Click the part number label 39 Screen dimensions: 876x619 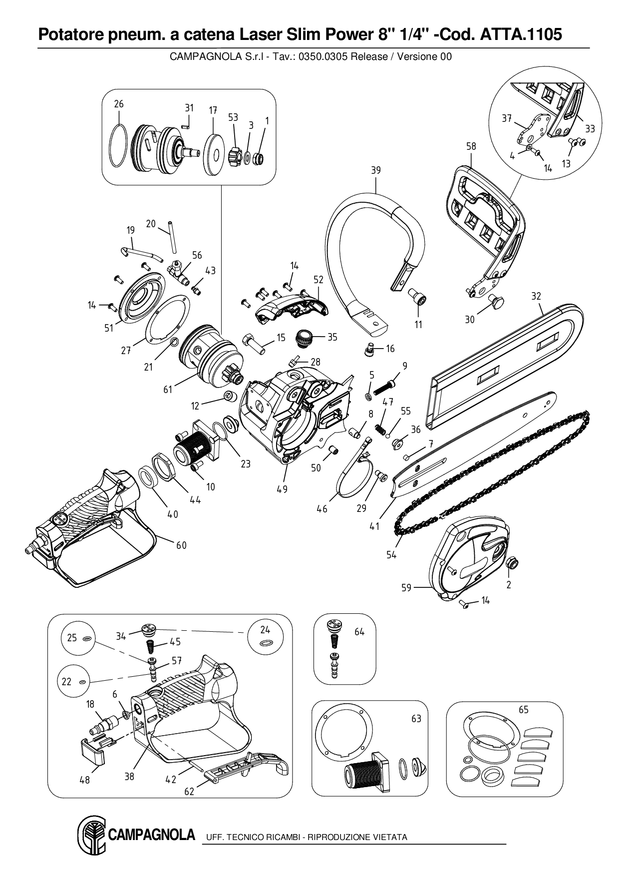coord(375,170)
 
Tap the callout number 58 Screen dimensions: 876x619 coord(471,146)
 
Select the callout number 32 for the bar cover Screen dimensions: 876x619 coord(536,296)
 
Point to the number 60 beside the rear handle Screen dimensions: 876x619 coord(181,545)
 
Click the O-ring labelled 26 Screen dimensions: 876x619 coord(118,146)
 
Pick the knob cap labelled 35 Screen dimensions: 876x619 coord(305,338)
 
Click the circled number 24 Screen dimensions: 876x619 coord(265,630)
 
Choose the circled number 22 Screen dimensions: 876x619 coord(67,681)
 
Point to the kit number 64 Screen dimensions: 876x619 coord(359,632)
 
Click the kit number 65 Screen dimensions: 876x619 coord(523,710)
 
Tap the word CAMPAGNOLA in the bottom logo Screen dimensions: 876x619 coord(151,835)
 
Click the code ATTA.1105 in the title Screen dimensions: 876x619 coord(521,34)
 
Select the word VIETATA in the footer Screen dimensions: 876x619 coord(390,837)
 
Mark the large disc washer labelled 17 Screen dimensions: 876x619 coord(215,154)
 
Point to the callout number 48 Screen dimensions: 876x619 coord(85,780)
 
